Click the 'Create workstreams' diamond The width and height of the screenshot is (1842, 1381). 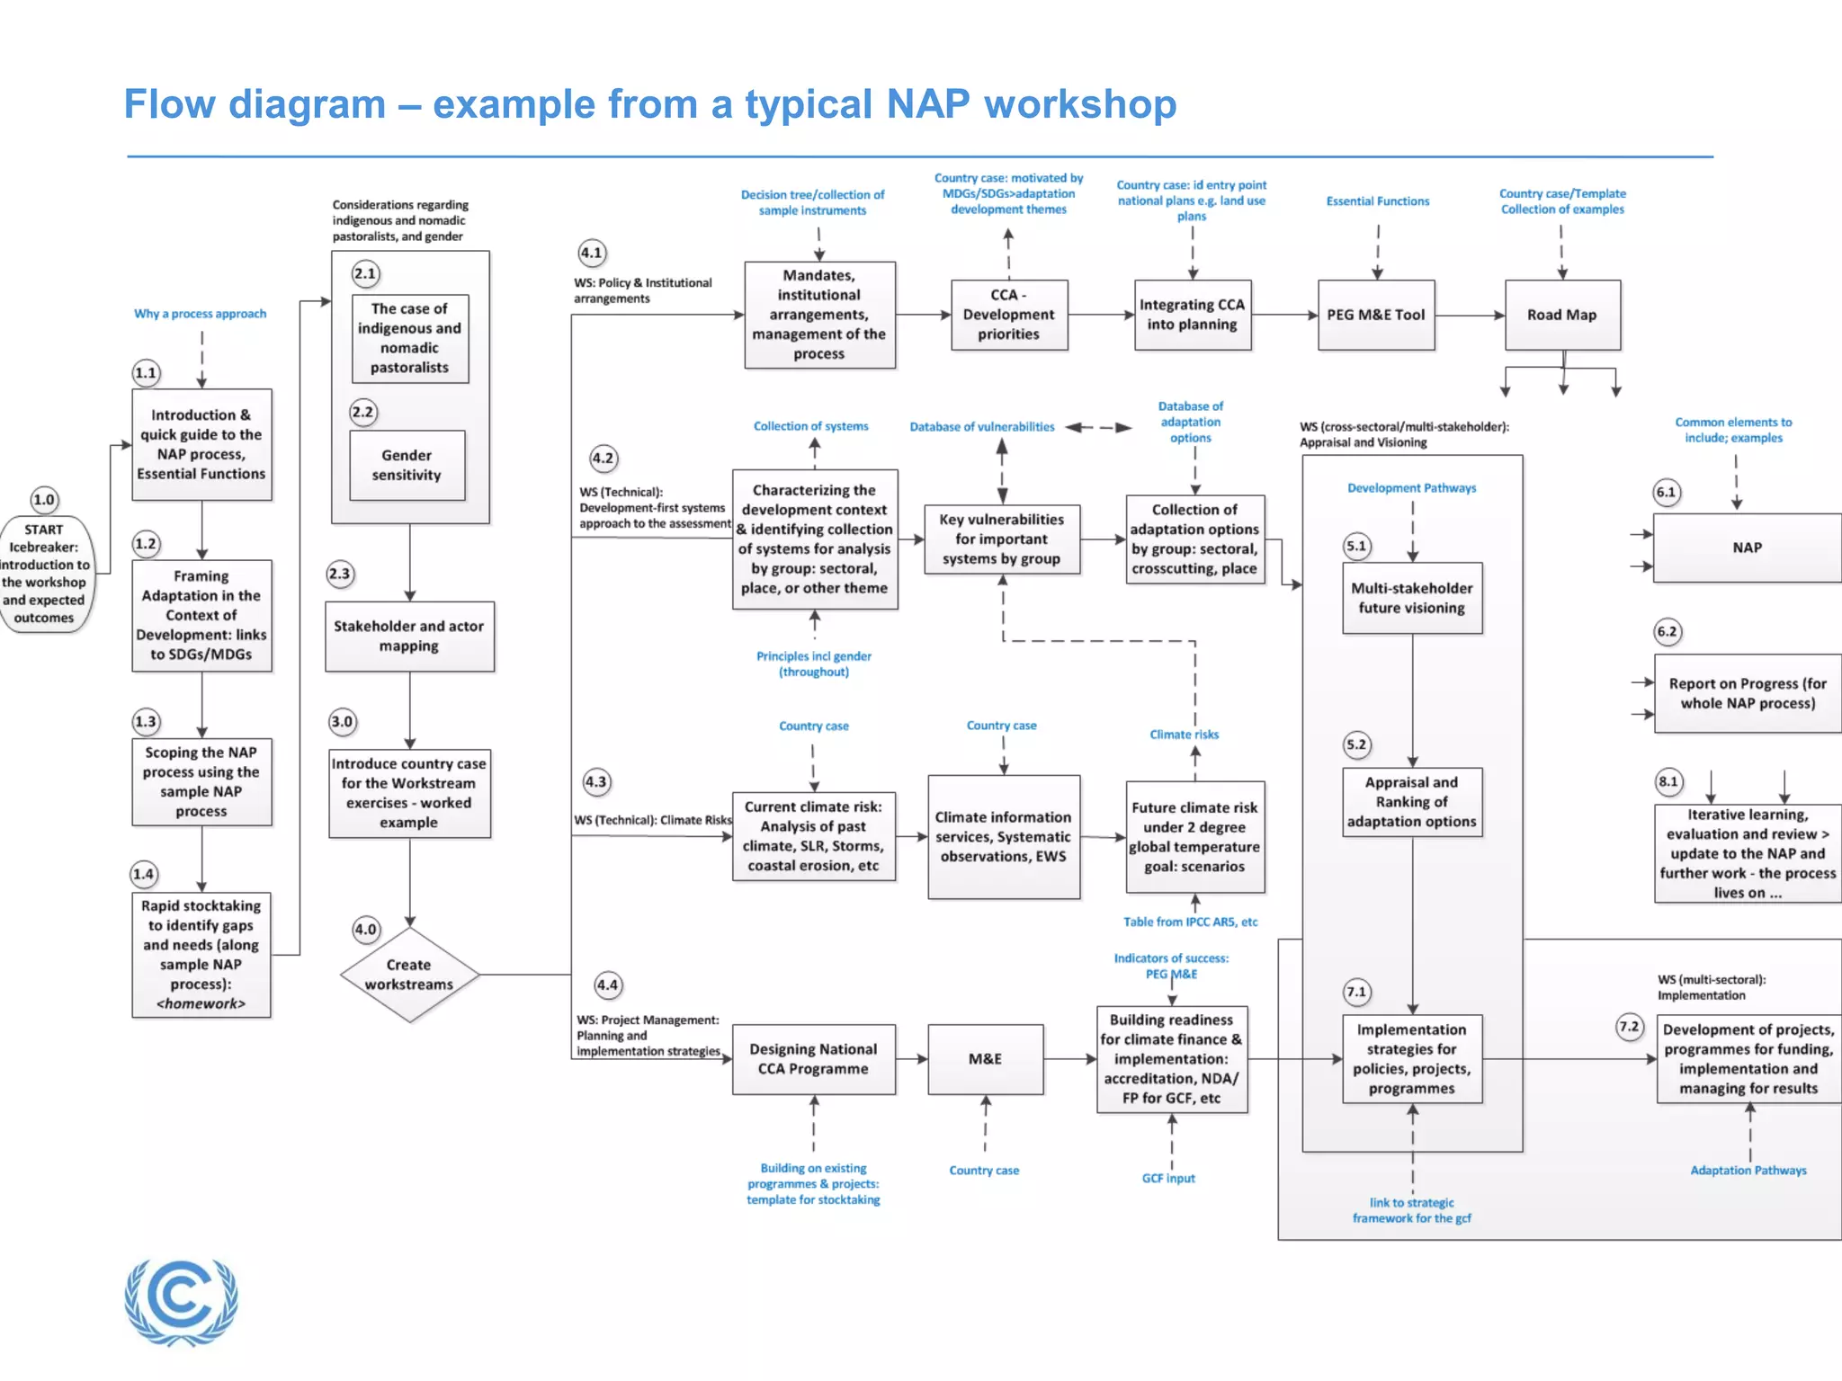click(x=409, y=975)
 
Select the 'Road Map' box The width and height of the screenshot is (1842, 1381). click(x=1562, y=315)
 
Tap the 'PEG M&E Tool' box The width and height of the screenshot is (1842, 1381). click(x=1376, y=315)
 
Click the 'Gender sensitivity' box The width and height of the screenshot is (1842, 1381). click(x=407, y=465)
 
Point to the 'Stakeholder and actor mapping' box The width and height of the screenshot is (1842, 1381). click(x=409, y=636)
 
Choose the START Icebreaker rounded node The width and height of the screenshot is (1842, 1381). click(x=44, y=574)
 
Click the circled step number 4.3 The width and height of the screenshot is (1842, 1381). click(x=595, y=782)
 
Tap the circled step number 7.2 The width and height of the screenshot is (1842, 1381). click(x=1630, y=1027)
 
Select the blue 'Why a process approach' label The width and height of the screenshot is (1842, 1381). click(x=201, y=314)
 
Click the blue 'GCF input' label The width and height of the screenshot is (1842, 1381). click(x=1168, y=1178)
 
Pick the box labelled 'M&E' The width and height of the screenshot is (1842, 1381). click(x=986, y=1059)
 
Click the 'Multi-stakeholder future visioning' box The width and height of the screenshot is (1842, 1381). click(x=1412, y=598)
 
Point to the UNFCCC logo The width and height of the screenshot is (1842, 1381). click(x=182, y=1301)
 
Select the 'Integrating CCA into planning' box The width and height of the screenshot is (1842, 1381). click(x=1192, y=315)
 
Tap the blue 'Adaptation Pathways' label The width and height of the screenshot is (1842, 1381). click(x=1748, y=1170)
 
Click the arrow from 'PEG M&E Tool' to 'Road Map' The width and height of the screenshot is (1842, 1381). click(x=1470, y=315)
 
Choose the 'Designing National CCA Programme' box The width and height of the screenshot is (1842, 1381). click(x=814, y=1059)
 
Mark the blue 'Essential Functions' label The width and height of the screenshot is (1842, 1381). click(x=1377, y=201)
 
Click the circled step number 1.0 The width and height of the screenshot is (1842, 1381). click(x=44, y=500)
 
